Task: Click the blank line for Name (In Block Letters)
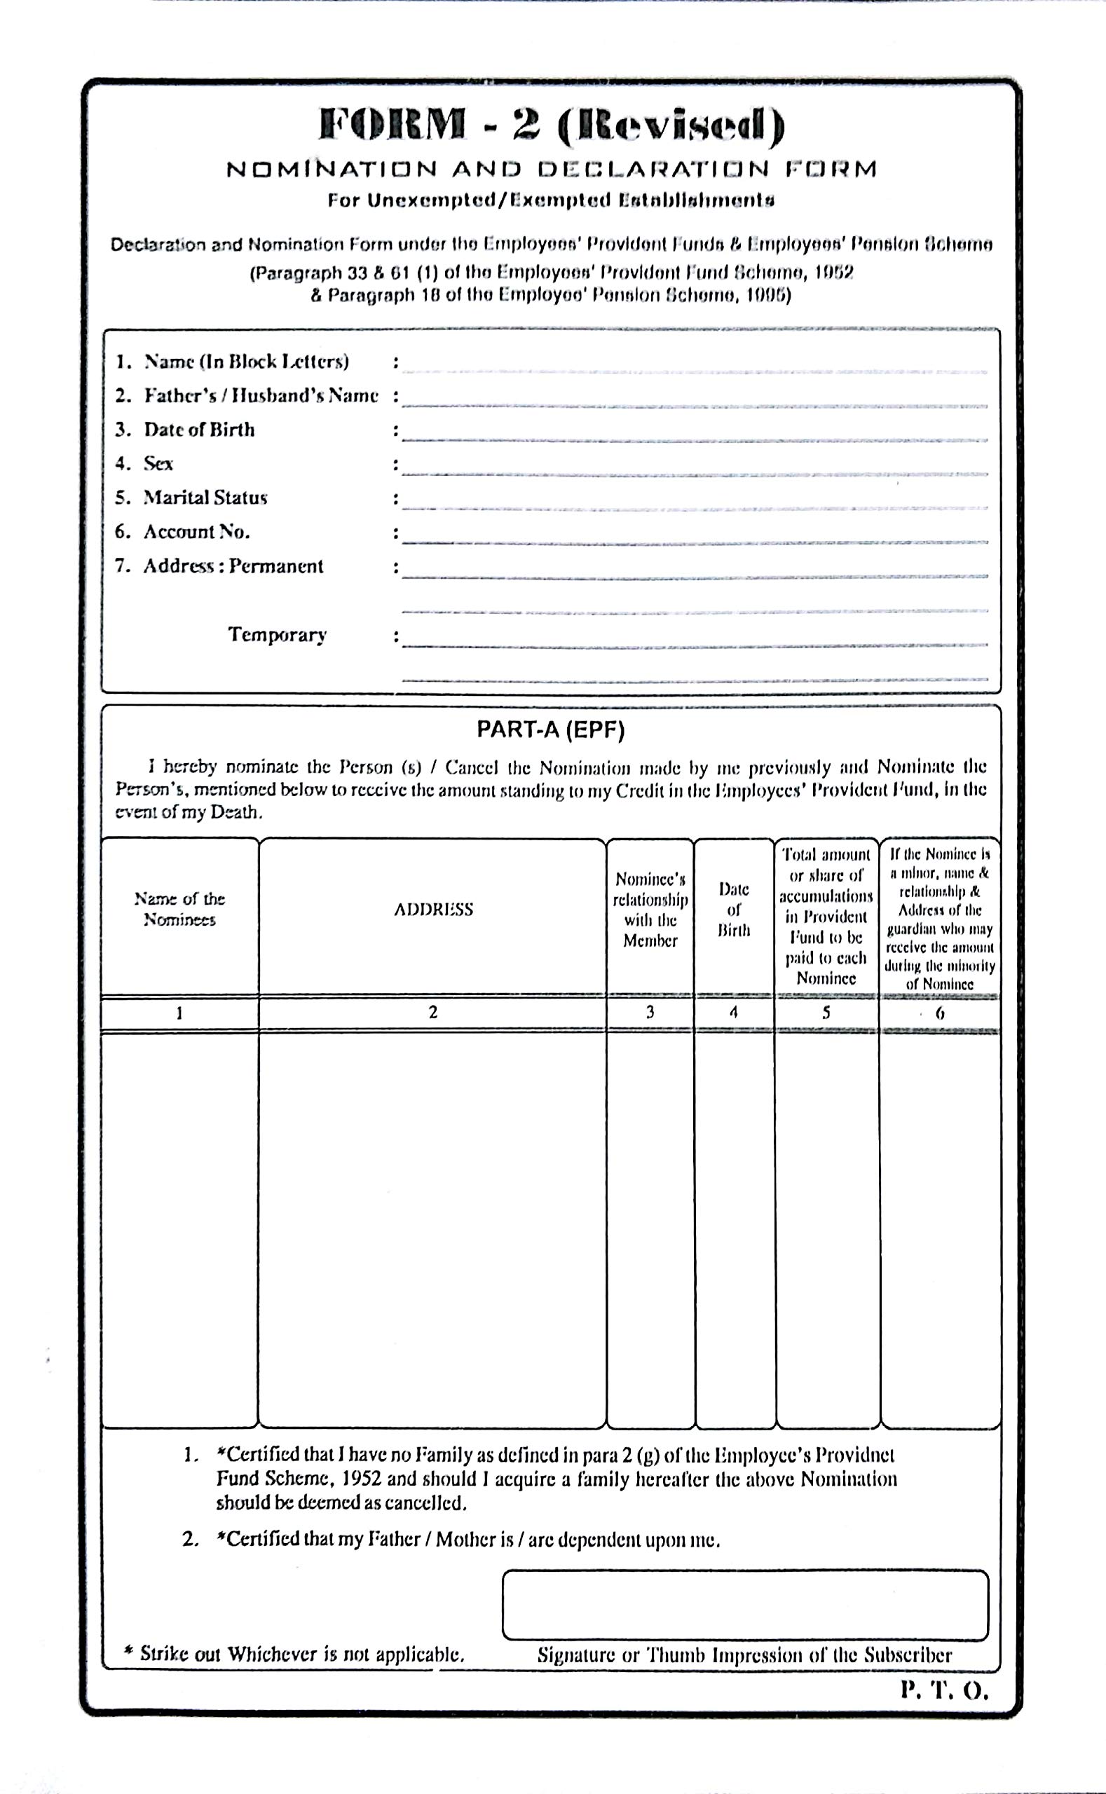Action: tap(695, 366)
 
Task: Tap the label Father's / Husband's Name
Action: tap(261, 396)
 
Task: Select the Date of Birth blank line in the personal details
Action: tap(695, 434)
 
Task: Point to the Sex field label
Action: tap(158, 464)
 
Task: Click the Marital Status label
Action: tap(205, 498)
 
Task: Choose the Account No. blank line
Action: tap(695, 536)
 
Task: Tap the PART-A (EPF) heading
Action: tap(551, 730)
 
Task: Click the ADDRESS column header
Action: tap(433, 909)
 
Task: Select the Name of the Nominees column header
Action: tap(179, 909)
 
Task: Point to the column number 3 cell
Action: tap(650, 1012)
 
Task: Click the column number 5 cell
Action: tap(826, 1012)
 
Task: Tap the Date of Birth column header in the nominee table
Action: tap(734, 909)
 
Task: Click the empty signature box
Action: tap(744, 1605)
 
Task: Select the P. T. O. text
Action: tap(944, 1690)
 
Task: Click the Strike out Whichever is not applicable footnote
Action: tap(294, 1655)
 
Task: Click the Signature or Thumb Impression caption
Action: tap(744, 1655)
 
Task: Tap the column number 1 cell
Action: tap(179, 1013)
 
